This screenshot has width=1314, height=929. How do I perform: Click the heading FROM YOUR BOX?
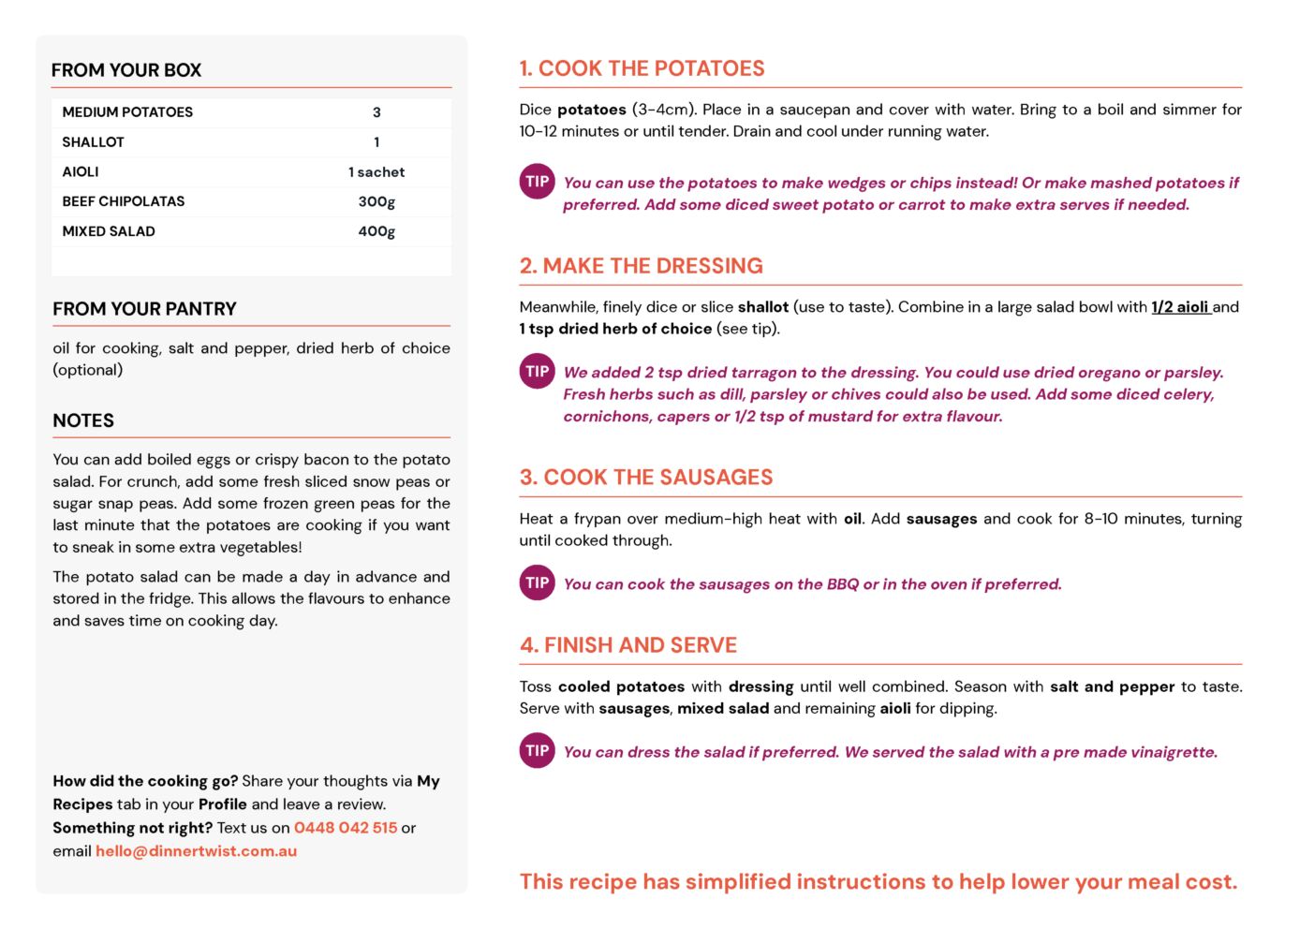point(126,70)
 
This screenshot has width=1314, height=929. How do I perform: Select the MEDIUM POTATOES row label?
point(127,112)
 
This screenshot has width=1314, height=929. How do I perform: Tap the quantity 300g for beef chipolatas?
point(376,201)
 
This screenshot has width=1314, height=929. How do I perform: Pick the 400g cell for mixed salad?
point(376,231)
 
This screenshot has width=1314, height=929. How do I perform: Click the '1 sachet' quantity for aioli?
point(376,172)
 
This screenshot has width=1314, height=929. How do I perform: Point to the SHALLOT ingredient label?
point(93,142)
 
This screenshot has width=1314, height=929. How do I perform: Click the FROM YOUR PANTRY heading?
point(144,309)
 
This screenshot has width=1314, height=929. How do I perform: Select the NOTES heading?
point(83,420)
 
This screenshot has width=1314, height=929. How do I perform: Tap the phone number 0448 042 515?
point(346,828)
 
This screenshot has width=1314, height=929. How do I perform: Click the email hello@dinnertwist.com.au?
point(196,851)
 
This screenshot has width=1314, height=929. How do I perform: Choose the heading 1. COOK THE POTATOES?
point(642,68)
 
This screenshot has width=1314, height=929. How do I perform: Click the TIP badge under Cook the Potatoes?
point(537,182)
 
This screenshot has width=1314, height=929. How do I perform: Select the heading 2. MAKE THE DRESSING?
point(641,266)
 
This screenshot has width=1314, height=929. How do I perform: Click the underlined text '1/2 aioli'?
point(1180,307)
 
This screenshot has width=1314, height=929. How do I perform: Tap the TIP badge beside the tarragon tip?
point(537,371)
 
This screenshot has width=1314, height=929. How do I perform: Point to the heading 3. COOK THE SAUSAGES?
point(645,478)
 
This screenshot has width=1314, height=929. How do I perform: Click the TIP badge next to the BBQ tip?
point(537,582)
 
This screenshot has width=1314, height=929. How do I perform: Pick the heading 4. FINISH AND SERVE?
point(627,645)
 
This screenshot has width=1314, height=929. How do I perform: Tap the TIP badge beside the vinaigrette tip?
point(537,750)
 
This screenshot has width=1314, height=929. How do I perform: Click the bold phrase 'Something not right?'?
point(132,828)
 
